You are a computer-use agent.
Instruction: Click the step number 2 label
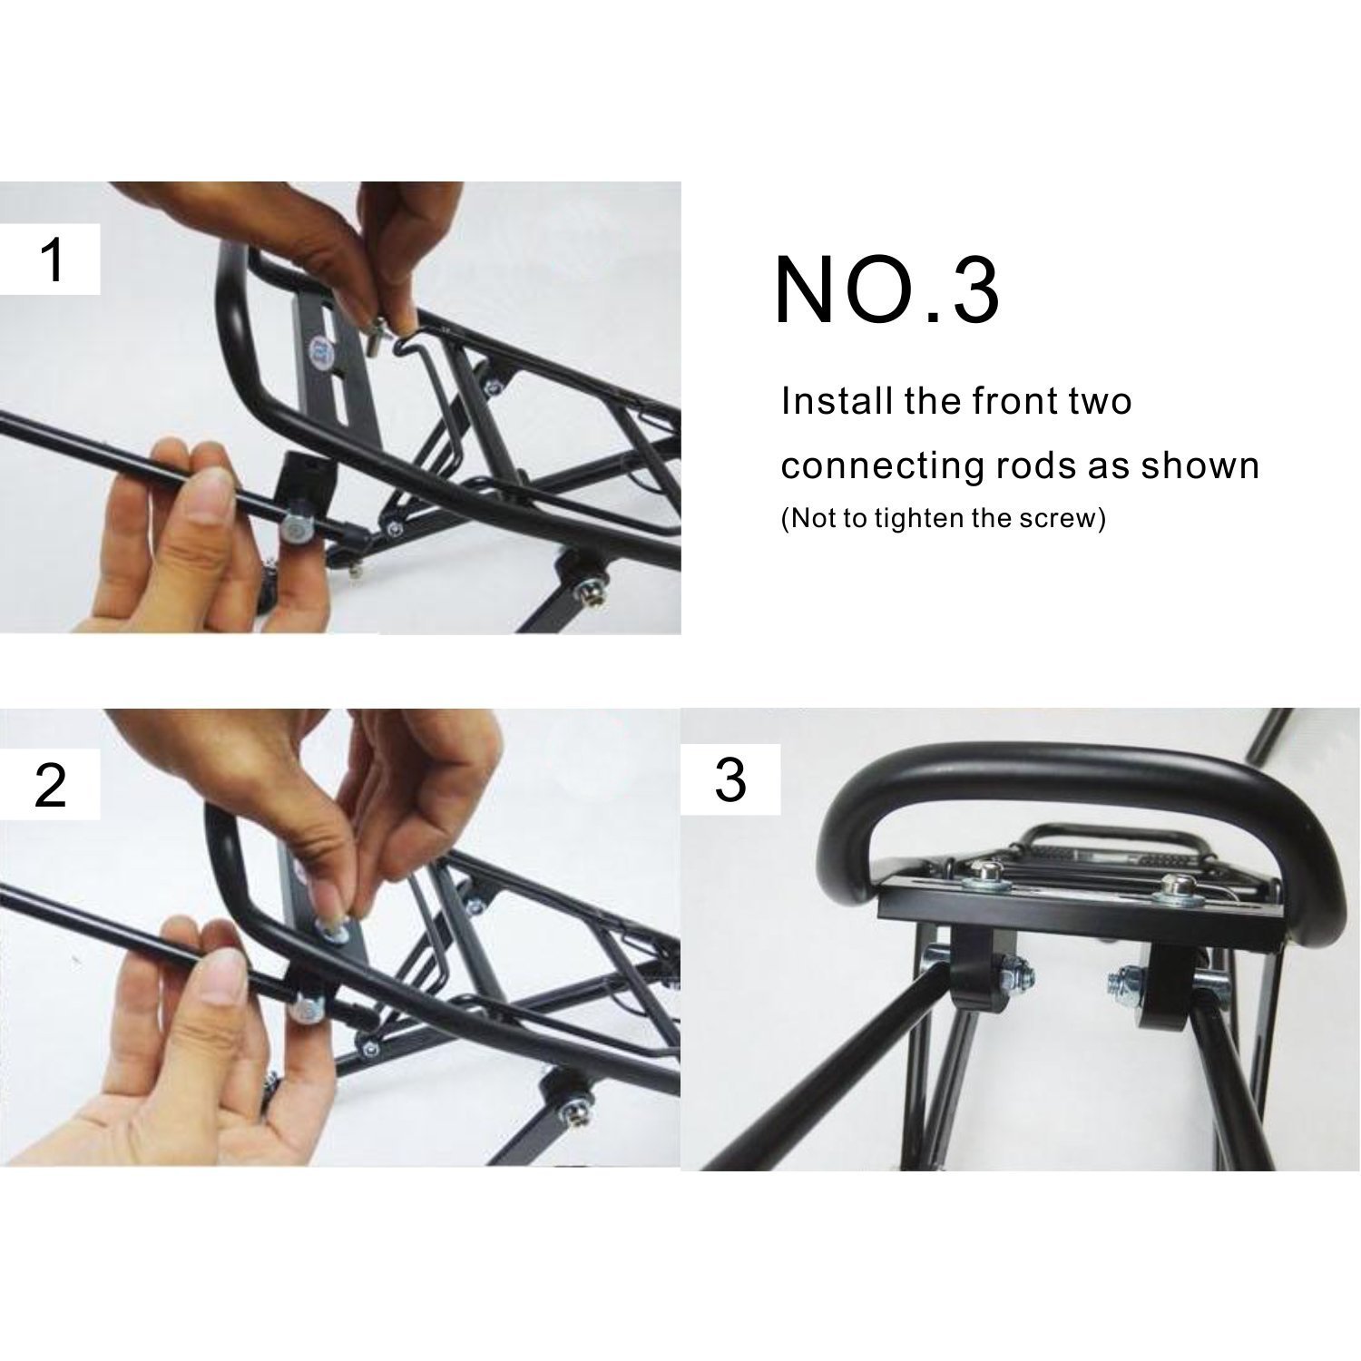point(51,786)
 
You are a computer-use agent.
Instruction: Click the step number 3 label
point(729,780)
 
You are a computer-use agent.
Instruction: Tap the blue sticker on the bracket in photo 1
point(317,348)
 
